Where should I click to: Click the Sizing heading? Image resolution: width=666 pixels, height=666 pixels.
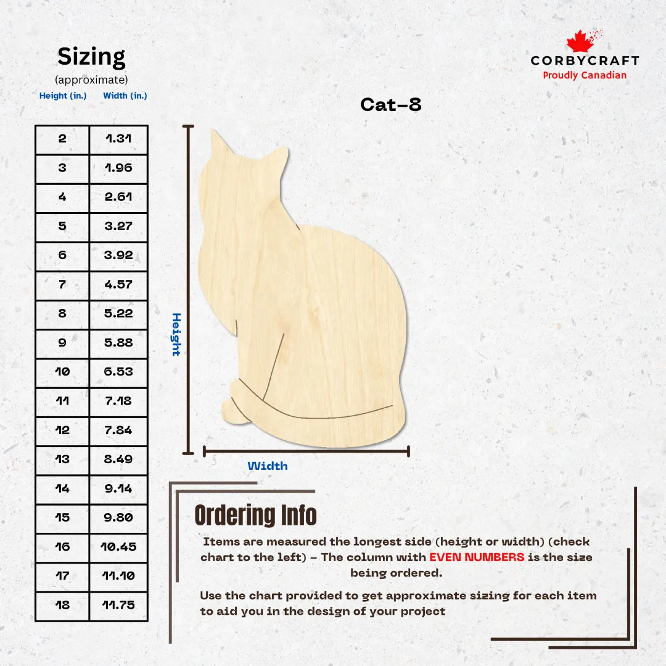[x=91, y=57]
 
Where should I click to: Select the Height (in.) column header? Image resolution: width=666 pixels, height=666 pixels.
[x=63, y=96]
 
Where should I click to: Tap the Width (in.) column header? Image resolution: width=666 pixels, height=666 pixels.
[x=125, y=96]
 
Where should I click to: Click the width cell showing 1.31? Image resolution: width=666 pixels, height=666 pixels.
[x=118, y=139]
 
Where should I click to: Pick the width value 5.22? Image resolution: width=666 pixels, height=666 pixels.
[x=118, y=313]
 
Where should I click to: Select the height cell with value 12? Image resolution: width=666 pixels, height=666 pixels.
[x=62, y=430]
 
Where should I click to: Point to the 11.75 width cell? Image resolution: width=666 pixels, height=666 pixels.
[x=118, y=605]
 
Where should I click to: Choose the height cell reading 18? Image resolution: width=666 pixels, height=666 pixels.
[x=62, y=605]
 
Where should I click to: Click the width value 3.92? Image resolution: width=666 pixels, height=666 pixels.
[x=118, y=255]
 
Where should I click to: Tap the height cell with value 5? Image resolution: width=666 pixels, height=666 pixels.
[x=62, y=226]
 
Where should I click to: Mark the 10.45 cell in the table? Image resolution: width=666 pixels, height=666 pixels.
[x=118, y=546]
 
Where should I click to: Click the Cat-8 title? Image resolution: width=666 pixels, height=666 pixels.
[x=391, y=104]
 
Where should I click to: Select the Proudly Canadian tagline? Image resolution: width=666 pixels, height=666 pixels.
[x=585, y=75]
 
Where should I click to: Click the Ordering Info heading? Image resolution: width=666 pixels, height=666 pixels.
[x=256, y=515]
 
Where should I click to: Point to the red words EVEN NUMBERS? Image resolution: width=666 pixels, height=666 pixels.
[x=477, y=557]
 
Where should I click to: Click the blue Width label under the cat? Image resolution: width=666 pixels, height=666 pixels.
[x=268, y=466]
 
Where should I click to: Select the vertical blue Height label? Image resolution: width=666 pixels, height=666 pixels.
[x=176, y=334]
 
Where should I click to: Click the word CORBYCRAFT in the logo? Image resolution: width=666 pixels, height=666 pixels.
[x=585, y=60]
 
